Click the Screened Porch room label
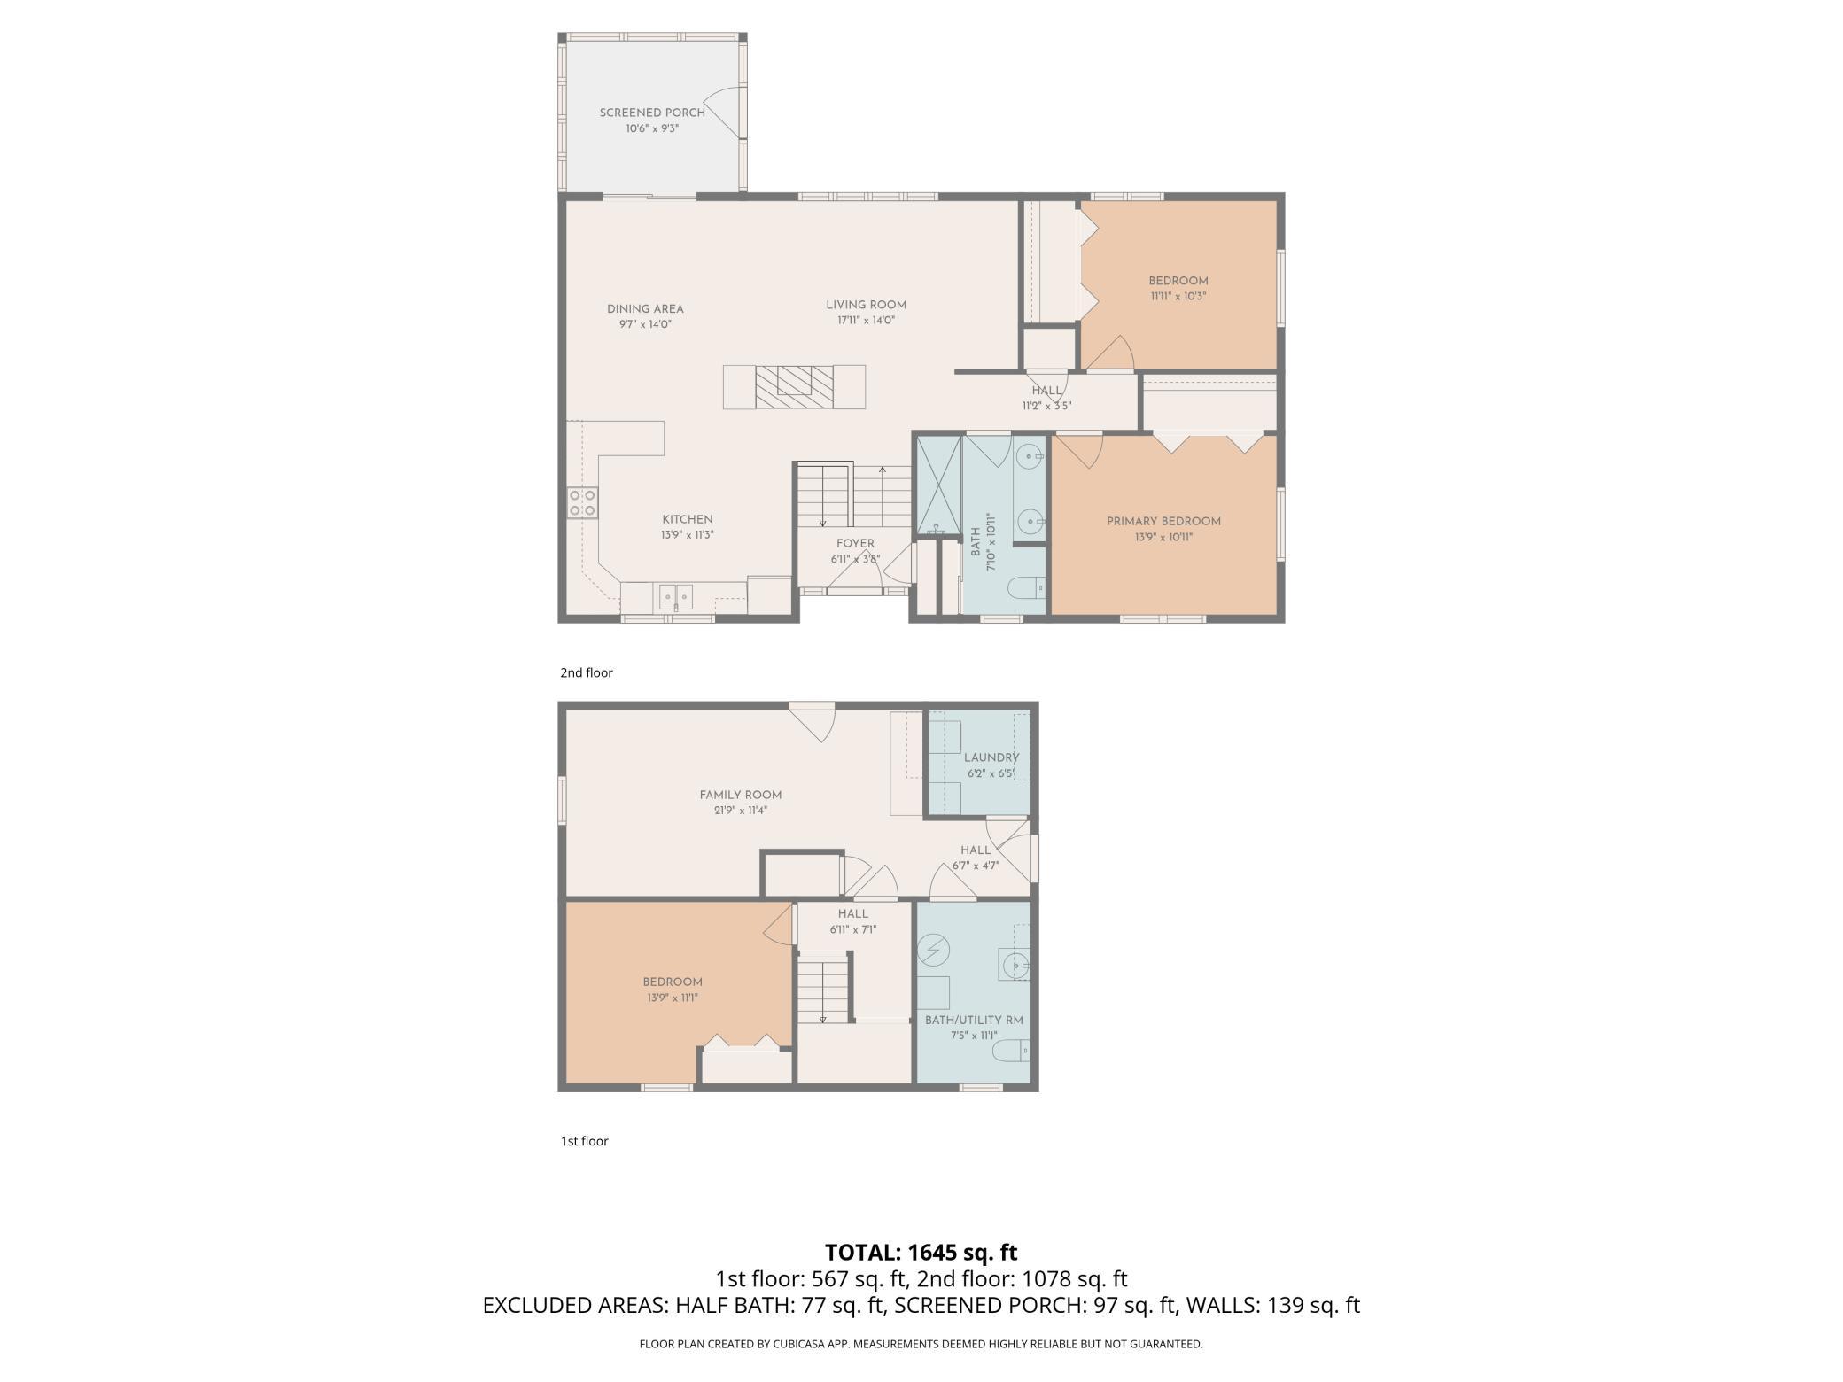click(x=652, y=113)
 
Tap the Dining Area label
click(x=645, y=309)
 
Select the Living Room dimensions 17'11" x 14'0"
click(x=866, y=321)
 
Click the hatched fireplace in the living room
click(x=794, y=387)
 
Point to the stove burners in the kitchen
click(x=582, y=503)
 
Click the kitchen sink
click(x=676, y=597)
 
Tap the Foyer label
click(x=855, y=544)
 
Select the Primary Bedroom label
click(x=1163, y=522)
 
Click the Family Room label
click(x=741, y=796)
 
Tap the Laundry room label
click(x=991, y=758)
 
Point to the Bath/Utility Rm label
click(x=974, y=1021)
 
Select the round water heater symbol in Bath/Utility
click(x=933, y=951)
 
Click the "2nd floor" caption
click(x=587, y=673)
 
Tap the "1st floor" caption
click(x=585, y=1141)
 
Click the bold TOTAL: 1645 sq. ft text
click(x=921, y=1253)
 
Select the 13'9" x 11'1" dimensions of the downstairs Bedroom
click(x=673, y=998)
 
